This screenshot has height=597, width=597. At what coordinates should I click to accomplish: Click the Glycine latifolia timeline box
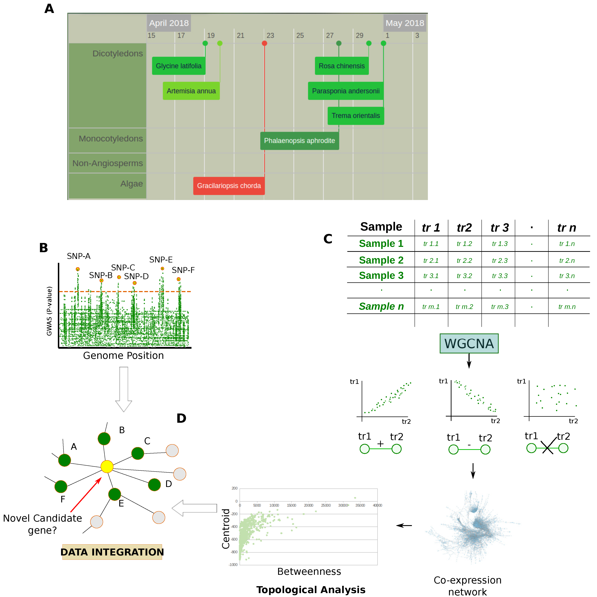179,66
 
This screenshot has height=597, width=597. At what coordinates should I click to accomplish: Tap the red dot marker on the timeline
264,43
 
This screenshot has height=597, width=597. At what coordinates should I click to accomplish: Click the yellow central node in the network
107,466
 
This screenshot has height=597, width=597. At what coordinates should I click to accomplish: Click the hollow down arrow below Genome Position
124,389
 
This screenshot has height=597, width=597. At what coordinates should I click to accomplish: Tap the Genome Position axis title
123,356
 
